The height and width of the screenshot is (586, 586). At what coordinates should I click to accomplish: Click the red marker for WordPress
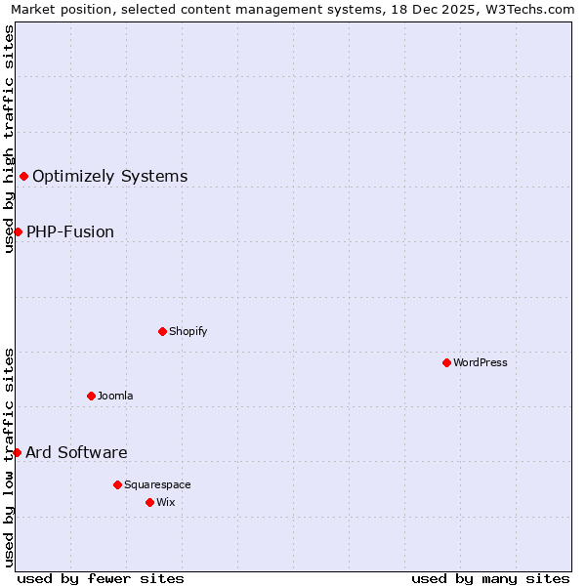pyautogui.click(x=446, y=362)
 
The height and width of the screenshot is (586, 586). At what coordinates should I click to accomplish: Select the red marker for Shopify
pyautogui.click(x=162, y=331)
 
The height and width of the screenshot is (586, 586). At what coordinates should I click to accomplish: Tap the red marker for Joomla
pyautogui.click(x=91, y=396)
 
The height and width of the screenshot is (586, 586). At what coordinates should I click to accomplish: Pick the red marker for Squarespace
pyautogui.click(x=117, y=484)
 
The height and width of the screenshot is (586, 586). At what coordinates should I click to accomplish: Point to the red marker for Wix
pyautogui.click(x=149, y=502)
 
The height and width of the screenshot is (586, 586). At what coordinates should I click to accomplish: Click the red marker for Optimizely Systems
pyautogui.click(x=23, y=176)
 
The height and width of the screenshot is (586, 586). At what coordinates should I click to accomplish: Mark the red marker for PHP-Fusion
pyautogui.click(x=18, y=231)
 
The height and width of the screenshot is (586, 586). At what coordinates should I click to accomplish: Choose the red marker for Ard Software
pyautogui.click(x=17, y=452)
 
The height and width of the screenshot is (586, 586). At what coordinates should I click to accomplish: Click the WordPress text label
pyautogui.click(x=481, y=362)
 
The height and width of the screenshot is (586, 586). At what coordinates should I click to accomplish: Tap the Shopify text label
pyautogui.click(x=188, y=331)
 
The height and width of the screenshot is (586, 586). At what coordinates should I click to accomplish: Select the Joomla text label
pyautogui.click(x=115, y=396)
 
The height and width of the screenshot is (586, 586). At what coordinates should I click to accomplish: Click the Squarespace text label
pyautogui.click(x=157, y=484)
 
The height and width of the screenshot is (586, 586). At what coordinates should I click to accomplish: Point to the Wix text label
pyautogui.click(x=166, y=502)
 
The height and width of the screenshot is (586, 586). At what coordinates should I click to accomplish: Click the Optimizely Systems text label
pyautogui.click(x=110, y=176)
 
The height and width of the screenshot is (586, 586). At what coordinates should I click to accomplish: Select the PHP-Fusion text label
pyautogui.click(x=70, y=231)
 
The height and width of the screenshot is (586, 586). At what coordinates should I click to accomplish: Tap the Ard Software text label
pyautogui.click(x=76, y=452)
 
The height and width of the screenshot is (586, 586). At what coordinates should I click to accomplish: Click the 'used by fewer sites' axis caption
pyautogui.click(x=101, y=578)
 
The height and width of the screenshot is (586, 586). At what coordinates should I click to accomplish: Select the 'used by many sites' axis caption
pyautogui.click(x=490, y=578)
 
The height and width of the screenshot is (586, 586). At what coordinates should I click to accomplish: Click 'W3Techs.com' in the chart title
pyautogui.click(x=534, y=9)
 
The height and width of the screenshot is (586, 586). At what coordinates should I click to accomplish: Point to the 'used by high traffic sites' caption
pyautogui.click(x=9, y=139)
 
